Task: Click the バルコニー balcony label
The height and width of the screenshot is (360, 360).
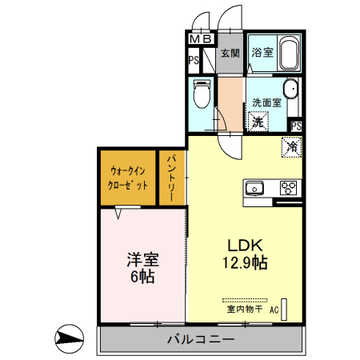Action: [201, 339]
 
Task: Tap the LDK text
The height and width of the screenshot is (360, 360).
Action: [242, 245]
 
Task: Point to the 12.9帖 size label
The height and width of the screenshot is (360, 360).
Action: [243, 262]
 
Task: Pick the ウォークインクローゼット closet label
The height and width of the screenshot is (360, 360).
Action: [128, 178]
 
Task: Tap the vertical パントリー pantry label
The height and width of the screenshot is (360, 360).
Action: [172, 178]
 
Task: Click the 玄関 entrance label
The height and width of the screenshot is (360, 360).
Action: [230, 54]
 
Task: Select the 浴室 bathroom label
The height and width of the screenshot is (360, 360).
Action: [262, 53]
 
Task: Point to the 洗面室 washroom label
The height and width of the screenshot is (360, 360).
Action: [266, 102]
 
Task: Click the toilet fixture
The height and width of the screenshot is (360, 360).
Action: [202, 94]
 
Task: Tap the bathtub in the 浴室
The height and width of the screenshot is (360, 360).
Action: [287, 54]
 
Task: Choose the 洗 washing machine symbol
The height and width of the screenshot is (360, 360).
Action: [258, 122]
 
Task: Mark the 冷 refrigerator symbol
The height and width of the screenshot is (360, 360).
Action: [292, 147]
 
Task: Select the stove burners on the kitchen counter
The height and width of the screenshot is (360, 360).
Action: [288, 189]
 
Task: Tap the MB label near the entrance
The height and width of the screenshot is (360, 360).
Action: [201, 38]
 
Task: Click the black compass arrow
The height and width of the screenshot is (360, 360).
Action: [70, 338]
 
